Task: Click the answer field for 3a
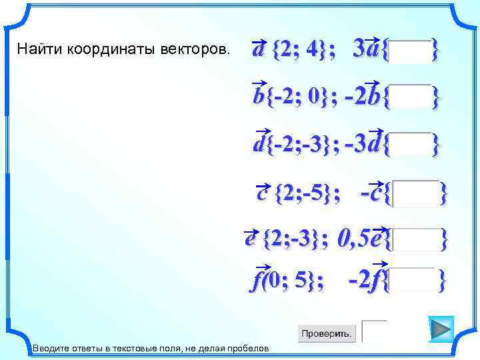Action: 411,51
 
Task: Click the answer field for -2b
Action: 411,97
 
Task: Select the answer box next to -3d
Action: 411,144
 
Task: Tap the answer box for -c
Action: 416,193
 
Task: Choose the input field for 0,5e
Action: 416,239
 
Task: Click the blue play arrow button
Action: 440,329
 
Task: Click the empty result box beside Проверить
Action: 374,331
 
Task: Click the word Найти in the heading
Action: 33,49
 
